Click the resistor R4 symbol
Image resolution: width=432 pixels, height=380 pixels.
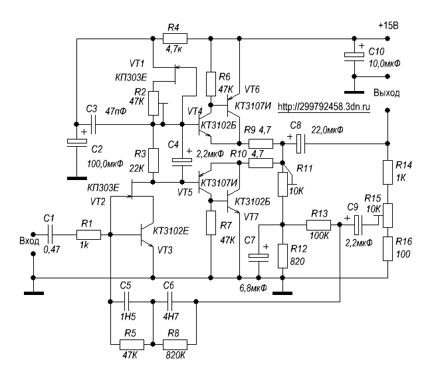pos(174,39)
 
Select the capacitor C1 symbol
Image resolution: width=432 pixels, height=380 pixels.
pos(50,235)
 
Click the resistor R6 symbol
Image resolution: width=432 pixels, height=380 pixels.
pos(211,83)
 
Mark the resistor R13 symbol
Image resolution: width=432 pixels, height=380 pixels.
pos(317,226)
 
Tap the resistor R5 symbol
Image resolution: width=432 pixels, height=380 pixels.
pos(130,344)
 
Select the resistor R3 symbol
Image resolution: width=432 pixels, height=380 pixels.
pos(154,160)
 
